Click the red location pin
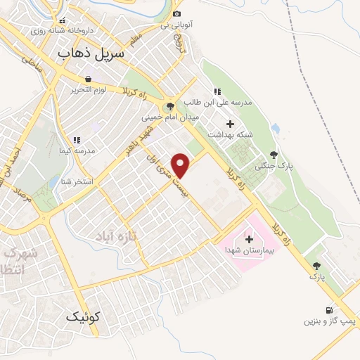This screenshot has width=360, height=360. tap(181, 165)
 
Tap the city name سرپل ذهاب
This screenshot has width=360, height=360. tap(91, 53)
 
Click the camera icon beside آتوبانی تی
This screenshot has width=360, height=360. tap(176, 14)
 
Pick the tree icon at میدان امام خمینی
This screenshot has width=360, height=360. tap(169, 107)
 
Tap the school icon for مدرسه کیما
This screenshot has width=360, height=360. tap(77, 141)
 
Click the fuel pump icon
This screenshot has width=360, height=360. tap(328, 310)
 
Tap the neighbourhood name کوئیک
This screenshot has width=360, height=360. tap(84, 316)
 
